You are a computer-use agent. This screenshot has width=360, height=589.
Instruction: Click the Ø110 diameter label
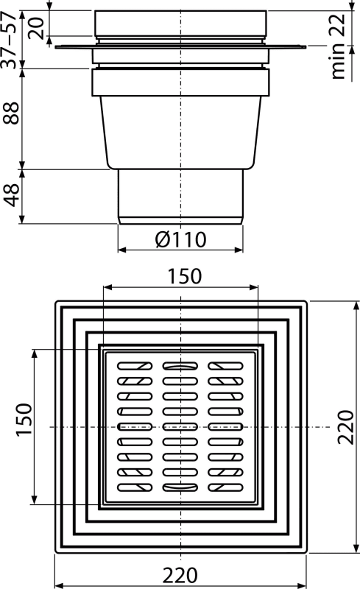180,239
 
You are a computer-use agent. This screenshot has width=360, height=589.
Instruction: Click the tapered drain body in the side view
180,133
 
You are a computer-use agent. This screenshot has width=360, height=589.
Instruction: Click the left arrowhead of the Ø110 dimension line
122,249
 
